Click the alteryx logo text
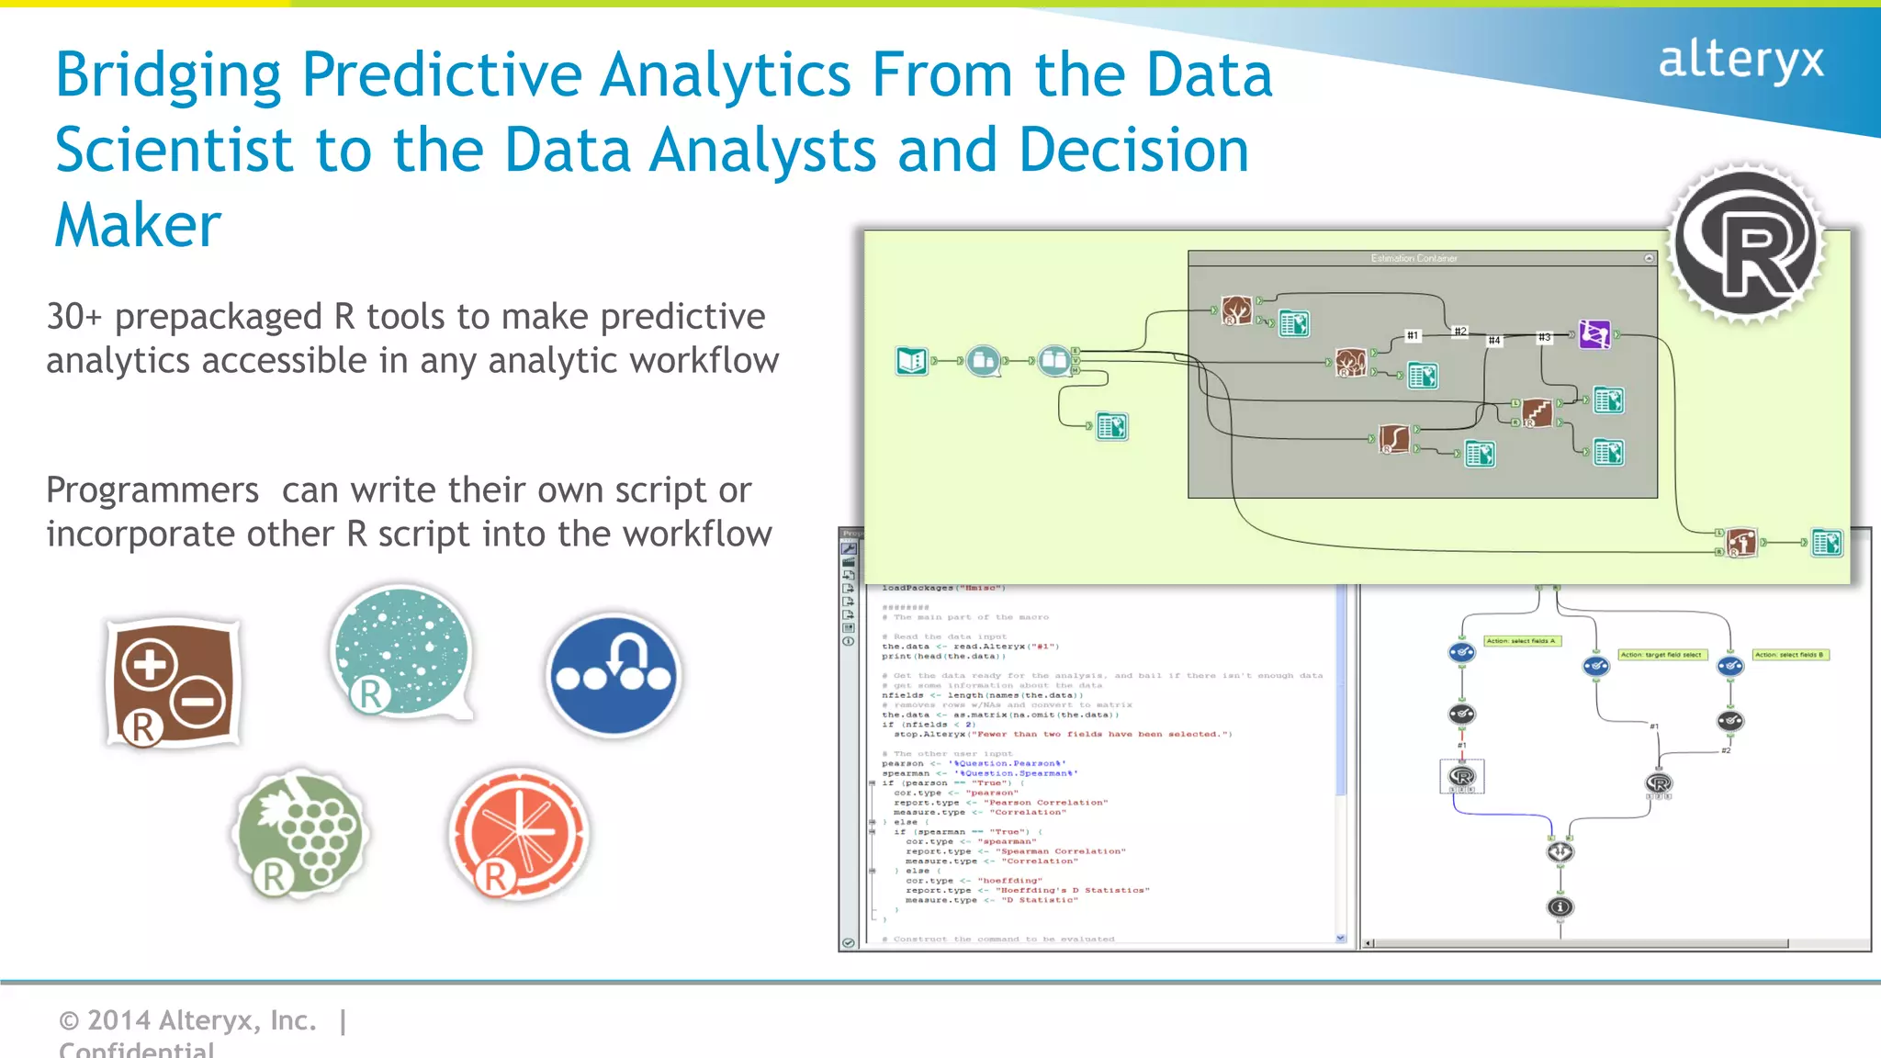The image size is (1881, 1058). pyautogui.click(x=1740, y=60)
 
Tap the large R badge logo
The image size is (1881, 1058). pyautogui.click(x=1746, y=243)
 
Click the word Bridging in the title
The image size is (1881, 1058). pyautogui.click(x=168, y=75)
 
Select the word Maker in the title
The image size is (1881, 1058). pyautogui.click(x=138, y=226)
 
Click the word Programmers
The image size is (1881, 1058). pyautogui.click(x=152, y=490)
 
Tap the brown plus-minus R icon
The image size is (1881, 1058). pyautogui.click(x=173, y=683)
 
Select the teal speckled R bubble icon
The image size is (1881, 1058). pyautogui.click(x=401, y=652)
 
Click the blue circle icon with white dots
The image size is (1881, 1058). pyautogui.click(x=614, y=675)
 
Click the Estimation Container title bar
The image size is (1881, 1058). pyautogui.click(x=1414, y=259)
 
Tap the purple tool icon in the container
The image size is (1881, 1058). pyautogui.click(x=1594, y=334)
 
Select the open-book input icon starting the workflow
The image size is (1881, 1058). pyautogui.click(x=912, y=361)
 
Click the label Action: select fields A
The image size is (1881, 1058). pyautogui.click(x=1522, y=641)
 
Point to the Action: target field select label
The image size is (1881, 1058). pyautogui.click(x=1661, y=655)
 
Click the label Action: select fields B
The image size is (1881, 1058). pyautogui.click(x=1789, y=655)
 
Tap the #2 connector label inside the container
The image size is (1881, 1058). pyautogui.click(x=1459, y=331)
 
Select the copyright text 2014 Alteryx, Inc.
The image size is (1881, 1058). pyautogui.click(x=188, y=1020)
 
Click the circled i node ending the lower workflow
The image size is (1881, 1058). pyautogui.click(x=1560, y=907)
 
